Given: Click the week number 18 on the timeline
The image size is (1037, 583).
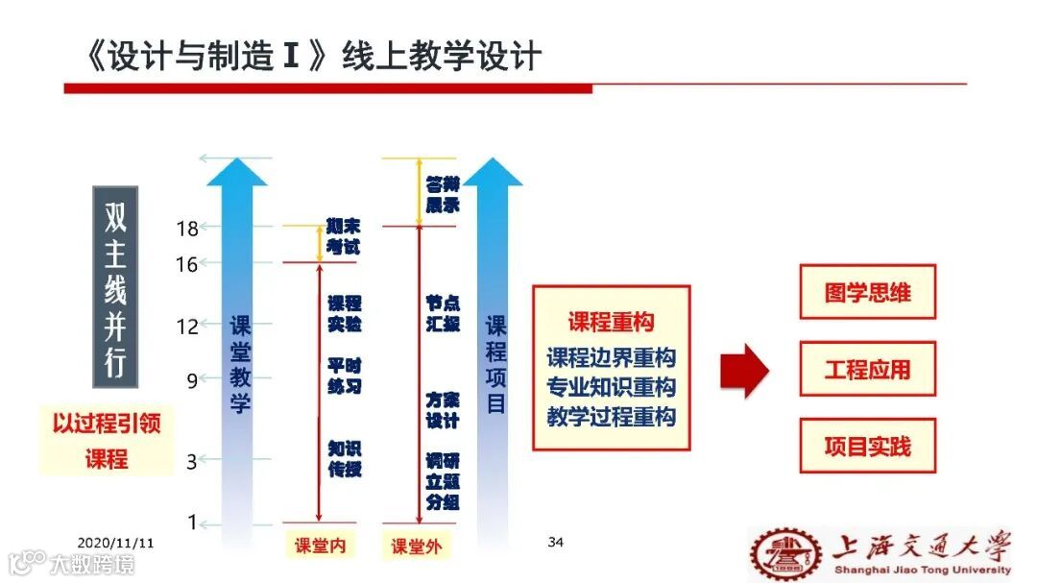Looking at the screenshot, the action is click(x=187, y=229).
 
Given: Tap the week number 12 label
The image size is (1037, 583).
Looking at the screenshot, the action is click(x=187, y=327).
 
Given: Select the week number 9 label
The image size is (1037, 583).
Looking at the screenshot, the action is click(x=192, y=380).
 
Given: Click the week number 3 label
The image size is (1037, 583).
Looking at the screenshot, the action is click(x=191, y=462).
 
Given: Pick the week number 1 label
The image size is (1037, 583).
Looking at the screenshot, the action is click(x=192, y=522).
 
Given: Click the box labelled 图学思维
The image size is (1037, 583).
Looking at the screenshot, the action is click(x=867, y=292).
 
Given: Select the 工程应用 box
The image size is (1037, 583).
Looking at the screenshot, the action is click(x=867, y=369).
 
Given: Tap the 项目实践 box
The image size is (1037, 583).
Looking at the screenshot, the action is click(x=867, y=446).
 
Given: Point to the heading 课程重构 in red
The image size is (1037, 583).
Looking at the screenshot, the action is click(x=611, y=322).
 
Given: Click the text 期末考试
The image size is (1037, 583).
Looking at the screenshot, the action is click(x=343, y=236).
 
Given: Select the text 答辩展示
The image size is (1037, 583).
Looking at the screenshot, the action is click(x=443, y=194).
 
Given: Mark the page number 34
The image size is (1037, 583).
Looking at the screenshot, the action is click(x=555, y=543).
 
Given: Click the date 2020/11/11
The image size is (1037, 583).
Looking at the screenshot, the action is click(x=115, y=543).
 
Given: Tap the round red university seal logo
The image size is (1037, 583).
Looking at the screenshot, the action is click(x=785, y=554).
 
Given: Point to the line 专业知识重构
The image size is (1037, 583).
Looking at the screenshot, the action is click(x=611, y=387).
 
